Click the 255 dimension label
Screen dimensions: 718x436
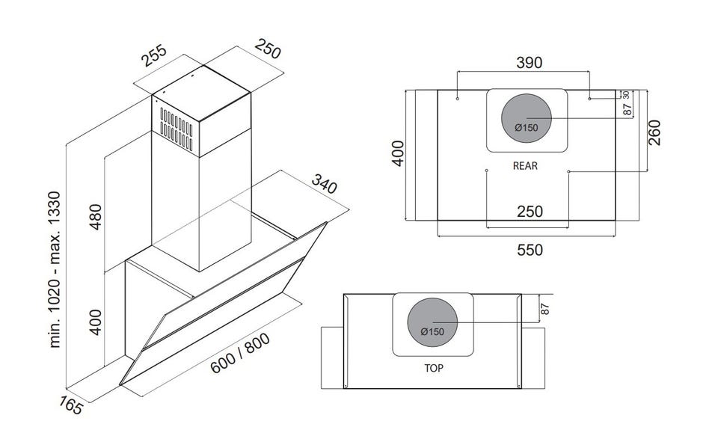154,55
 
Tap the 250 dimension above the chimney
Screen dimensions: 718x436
268,49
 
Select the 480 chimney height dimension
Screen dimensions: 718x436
95,217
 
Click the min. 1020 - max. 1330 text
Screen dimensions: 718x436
55,269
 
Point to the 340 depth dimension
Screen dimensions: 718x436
324,184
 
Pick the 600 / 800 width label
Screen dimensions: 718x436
240,353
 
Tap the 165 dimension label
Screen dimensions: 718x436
71,405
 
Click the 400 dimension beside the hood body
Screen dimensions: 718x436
95,322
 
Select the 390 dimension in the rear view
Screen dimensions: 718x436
530,63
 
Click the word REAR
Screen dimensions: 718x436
525,166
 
